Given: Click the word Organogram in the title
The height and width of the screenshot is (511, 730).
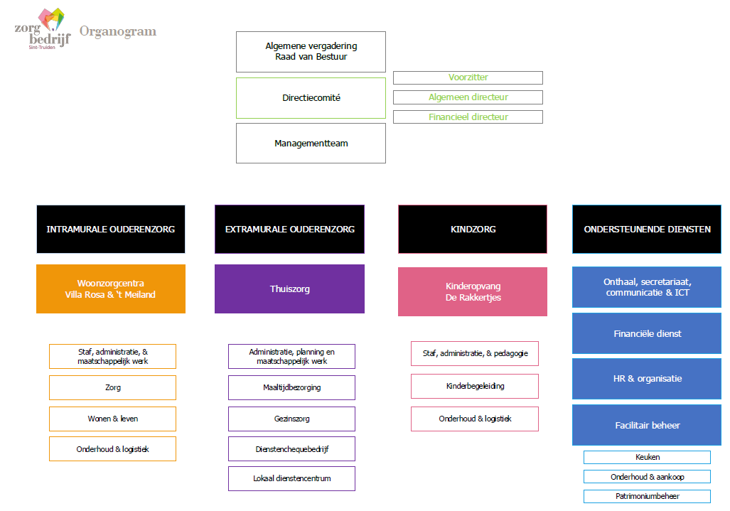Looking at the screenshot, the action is coord(118,32).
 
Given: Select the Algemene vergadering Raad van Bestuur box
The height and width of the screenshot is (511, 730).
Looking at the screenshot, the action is coord(311,52).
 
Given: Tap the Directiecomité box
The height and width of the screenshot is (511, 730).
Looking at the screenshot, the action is coord(311,98).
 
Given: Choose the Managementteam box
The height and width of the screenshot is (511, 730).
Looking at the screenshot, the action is coord(311,144).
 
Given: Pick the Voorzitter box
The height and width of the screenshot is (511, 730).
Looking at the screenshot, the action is coord(468,77).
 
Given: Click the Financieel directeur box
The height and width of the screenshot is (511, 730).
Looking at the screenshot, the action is coord(468,117).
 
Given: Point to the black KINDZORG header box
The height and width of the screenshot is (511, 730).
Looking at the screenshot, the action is coord(473,229).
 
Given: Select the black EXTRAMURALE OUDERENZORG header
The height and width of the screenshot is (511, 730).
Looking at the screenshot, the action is coord(289,229).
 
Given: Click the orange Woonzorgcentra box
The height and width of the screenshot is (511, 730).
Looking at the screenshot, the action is coord(111,289).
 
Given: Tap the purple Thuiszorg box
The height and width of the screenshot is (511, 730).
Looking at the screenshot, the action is coord(289,289).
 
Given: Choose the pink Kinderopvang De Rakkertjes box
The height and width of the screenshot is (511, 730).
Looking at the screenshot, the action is coord(473,292).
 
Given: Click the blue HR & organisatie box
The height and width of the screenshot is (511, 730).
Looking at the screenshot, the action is coord(647,379).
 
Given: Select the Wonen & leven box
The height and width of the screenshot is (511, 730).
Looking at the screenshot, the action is coord(113,419).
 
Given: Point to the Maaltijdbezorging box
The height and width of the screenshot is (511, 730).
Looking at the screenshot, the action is coord(291,387).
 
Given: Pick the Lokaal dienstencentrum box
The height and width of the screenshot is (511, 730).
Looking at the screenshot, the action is coord(291,478).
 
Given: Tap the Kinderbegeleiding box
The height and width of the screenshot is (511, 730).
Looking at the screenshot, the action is coord(475,387).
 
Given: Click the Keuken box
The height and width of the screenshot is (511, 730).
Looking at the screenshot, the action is coord(647,458).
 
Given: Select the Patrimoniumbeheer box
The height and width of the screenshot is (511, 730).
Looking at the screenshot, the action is coord(647,497).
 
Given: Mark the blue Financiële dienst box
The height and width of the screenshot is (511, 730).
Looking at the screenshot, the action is coord(647,333).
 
